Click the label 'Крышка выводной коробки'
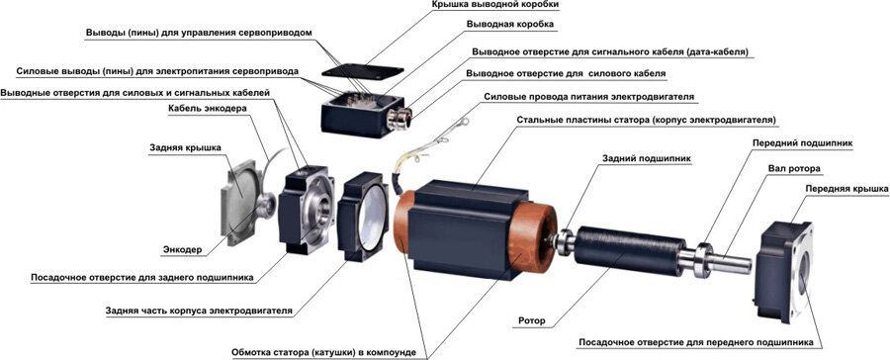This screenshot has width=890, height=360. tap(488, 5)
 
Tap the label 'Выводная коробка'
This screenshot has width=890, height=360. tap(509, 25)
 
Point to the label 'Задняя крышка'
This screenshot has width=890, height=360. tap(185, 147)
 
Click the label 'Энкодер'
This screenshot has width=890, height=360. tap(182, 249)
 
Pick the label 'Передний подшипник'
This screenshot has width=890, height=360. tap(803, 143)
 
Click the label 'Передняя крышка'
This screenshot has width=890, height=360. tap(846, 189)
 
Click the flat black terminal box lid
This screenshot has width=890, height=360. tap(363, 71)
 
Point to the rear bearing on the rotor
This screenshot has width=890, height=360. tap(565, 242)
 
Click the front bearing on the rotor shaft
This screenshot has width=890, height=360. tap(704, 260)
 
